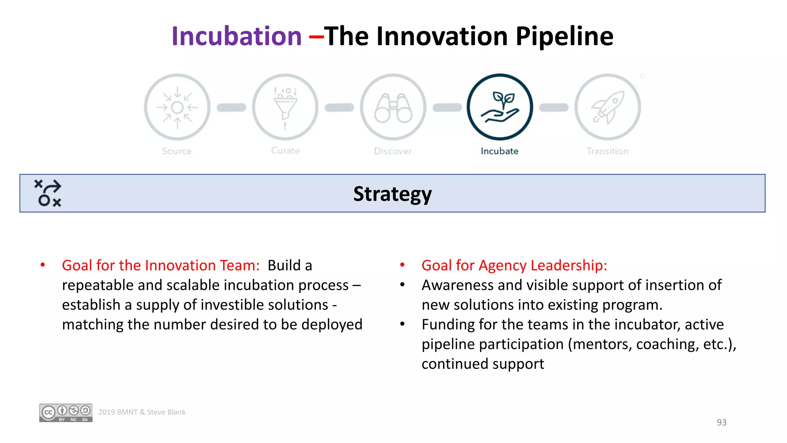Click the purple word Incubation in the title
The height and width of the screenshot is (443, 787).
point(236,36)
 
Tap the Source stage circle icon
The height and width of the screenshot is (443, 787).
point(177,107)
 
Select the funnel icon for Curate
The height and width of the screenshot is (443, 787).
point(285,107)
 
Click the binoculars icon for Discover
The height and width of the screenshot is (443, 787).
point(393,108)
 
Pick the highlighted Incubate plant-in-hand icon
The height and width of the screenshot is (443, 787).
point(500,107)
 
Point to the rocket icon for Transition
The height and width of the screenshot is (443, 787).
point(608,107)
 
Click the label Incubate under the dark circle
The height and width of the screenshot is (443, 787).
point(499,151)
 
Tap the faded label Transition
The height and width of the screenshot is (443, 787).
point(607,151)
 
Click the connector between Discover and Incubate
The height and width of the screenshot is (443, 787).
point(447,108)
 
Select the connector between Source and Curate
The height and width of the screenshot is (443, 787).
point(231,108)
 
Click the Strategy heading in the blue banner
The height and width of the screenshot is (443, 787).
point(392,194)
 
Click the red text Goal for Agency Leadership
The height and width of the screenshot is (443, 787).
point(514,265)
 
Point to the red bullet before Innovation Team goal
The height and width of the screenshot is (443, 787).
point(43,265)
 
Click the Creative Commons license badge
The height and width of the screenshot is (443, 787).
point(66,413)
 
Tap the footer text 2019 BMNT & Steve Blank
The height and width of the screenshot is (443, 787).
point(142,412)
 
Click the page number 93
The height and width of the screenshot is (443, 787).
point(721,422)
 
